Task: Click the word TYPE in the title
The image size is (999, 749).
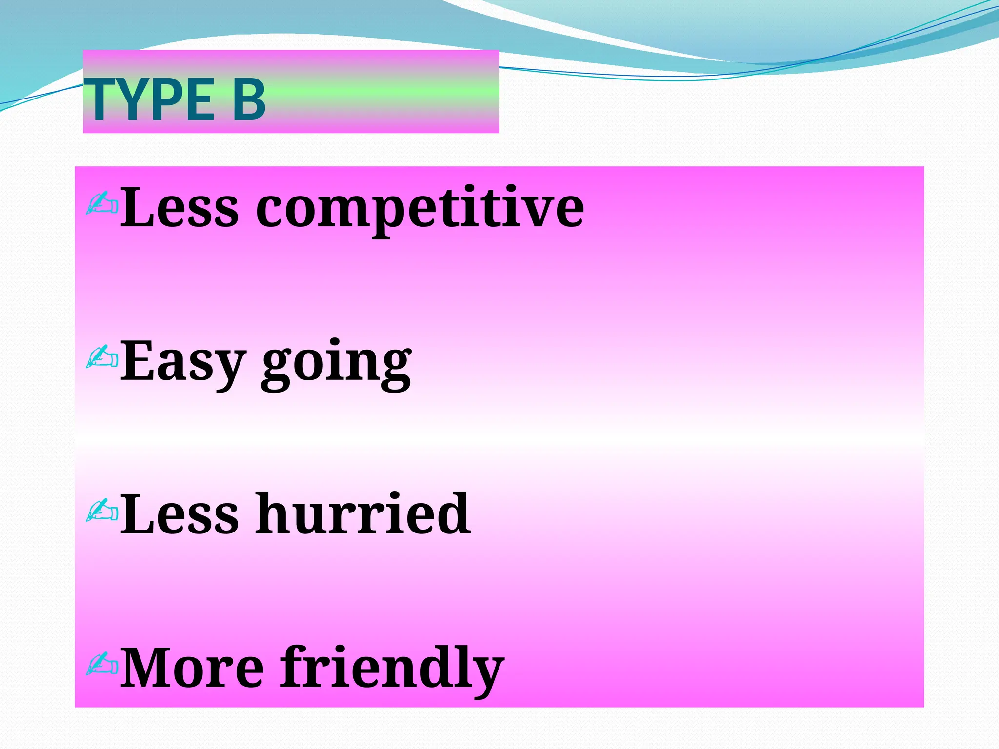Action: (x=149, y=100)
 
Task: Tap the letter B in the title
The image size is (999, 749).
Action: (x=249, y=100)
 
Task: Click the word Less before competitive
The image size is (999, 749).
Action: (x=180, y=207)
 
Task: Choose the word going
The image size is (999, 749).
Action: (x=337, y=365)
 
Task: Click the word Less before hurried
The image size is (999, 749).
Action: (x=180, y=514)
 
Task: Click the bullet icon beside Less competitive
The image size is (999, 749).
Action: (x=102, y=203)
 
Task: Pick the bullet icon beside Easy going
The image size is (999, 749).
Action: (x=102, y=357)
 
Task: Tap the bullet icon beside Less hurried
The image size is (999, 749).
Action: (x=102, y=511)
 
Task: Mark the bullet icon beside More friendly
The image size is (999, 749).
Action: (x=102, y=664)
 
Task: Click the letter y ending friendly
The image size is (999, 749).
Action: (x=486, y=675)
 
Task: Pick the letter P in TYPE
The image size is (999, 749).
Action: (x=173, y=100)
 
